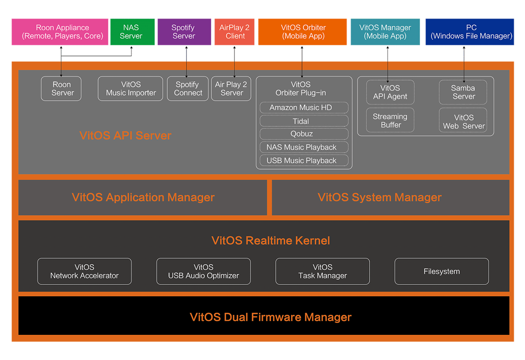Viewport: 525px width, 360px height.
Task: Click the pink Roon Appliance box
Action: (x=60, y=32)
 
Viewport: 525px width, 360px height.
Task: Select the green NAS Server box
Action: (x=132, y=32)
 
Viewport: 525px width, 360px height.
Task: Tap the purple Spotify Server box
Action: (x=184, y=32)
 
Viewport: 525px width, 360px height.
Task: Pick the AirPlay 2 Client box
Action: (x=234, y=32)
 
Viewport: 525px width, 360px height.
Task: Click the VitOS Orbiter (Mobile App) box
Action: (x=302, y=32)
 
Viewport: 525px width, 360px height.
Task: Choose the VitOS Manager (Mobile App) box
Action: (x=385, y=32)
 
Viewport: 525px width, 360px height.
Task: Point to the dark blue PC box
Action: (x=470, y=32)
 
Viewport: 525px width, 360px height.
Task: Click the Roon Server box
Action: (x=61, y=89)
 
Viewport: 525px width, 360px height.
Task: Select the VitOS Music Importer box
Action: (x=130, y=89)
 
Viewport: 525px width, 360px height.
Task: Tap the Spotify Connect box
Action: (x=188, y=89)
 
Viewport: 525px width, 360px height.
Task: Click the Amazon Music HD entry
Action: (x=304, y=108)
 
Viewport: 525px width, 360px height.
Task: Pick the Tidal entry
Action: (x=304, y=121)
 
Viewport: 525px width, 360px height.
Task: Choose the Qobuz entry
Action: (x=304, y=134)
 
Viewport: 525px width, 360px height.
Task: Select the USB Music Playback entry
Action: (x=304, y=161)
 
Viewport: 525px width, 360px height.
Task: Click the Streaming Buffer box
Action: (x=390, y=120)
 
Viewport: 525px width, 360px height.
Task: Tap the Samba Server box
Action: (x=463, y=92)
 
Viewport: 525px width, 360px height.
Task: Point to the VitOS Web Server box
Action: (x=463, y=120)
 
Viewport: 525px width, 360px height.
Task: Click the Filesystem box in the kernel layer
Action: (x=442, y=271)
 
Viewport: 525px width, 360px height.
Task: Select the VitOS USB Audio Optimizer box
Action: (x=204, y=271)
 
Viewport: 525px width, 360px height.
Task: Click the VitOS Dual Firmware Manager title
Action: (x=271, y=317)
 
